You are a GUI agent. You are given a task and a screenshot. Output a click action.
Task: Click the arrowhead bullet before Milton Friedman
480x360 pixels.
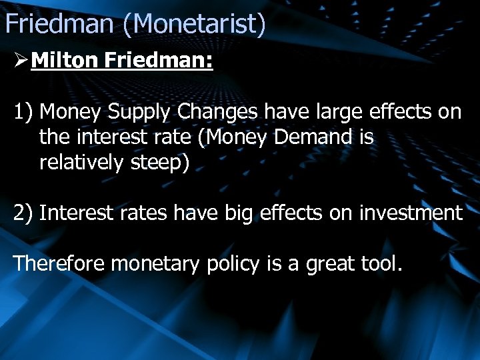[20, 62]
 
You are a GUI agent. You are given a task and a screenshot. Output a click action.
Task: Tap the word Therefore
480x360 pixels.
[59, 263]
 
